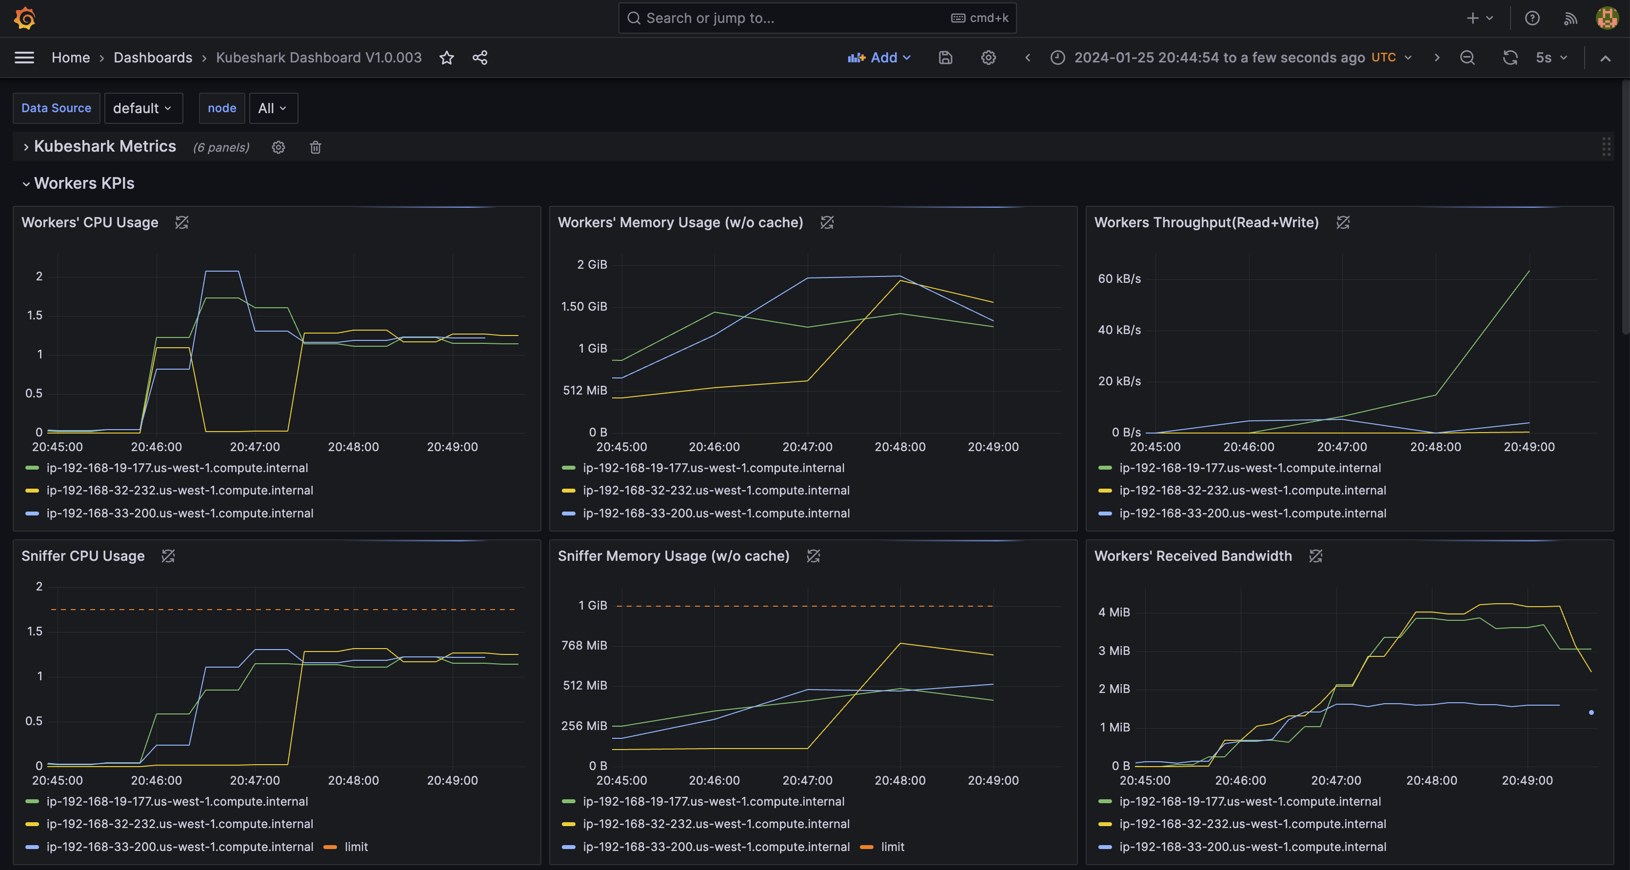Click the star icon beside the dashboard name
point(447,58)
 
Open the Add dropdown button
point(879,58)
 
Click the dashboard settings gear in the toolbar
point(988,58)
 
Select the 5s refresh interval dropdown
point(1551,58)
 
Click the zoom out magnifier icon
point(1468,58)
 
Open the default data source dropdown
point(143,108)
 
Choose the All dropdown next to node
point(273,108)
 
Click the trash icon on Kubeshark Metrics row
point(315,147)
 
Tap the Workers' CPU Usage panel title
point(90,223)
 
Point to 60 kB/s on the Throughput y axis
point(1119,278)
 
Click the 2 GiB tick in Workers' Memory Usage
point(592,264)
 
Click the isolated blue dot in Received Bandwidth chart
point(1591,712)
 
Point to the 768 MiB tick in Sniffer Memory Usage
point(584,645)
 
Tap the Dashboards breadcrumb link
point(153,58)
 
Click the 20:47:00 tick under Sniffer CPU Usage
point(255,780)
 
